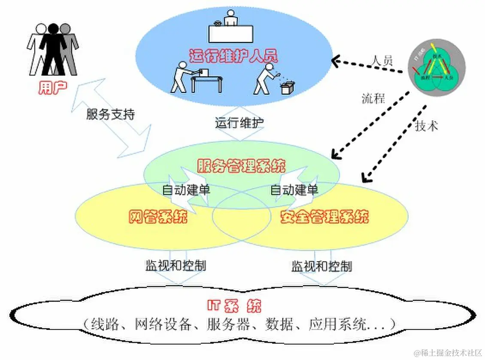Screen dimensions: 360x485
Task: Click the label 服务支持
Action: click(110, 114)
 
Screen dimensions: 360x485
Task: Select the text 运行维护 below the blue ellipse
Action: click(239, 123)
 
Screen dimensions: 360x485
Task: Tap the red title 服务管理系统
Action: click(241, 165)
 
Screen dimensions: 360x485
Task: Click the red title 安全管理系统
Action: click(324, 217)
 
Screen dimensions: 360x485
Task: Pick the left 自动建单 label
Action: click(186, 189)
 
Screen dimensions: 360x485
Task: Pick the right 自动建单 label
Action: click(294, 189)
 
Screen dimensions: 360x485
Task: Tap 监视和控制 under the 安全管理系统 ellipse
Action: click(321, 266)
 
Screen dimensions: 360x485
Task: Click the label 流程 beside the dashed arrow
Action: click(373, 98)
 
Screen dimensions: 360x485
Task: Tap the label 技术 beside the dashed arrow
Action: click(426, 125)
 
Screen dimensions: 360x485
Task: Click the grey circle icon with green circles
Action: click(436, 69)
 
